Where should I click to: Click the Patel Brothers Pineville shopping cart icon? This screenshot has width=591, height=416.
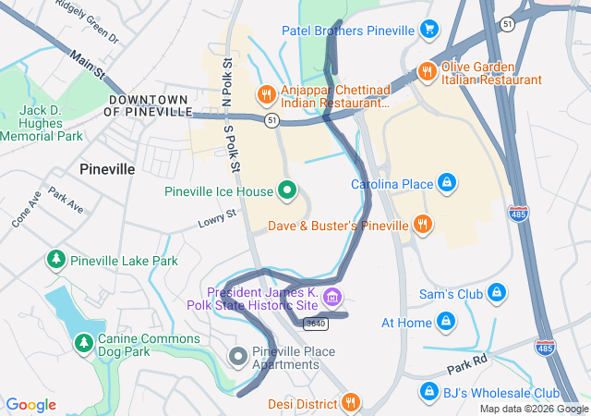tap(428, 31)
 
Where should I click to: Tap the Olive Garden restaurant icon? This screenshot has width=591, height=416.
tap(427, 71)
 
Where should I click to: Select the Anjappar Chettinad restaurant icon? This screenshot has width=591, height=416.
tap(266, 93)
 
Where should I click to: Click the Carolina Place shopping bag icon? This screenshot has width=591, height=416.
tap(447, 183)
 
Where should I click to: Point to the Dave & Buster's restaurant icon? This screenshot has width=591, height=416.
tap(422, 225)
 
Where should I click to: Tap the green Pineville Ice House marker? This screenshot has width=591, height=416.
tap(287, 191)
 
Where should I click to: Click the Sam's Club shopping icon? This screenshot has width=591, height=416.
tap(497, 293)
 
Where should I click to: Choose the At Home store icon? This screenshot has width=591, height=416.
tap(446, 322)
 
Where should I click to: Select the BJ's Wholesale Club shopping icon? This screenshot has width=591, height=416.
tap(428, 392)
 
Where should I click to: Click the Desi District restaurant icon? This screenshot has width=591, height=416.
tap(350, 402)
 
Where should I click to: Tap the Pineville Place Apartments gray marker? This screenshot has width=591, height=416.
tap(238, 356)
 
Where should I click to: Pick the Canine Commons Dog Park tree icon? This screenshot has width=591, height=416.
tap(84, 343)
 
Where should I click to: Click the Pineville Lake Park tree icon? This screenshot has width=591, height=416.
tap(56, 260)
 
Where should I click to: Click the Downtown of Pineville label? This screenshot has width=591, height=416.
tap(147, 104)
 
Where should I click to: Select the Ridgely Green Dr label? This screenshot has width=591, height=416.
tap(88, 20)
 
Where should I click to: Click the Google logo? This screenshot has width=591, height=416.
tap(30, 405)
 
